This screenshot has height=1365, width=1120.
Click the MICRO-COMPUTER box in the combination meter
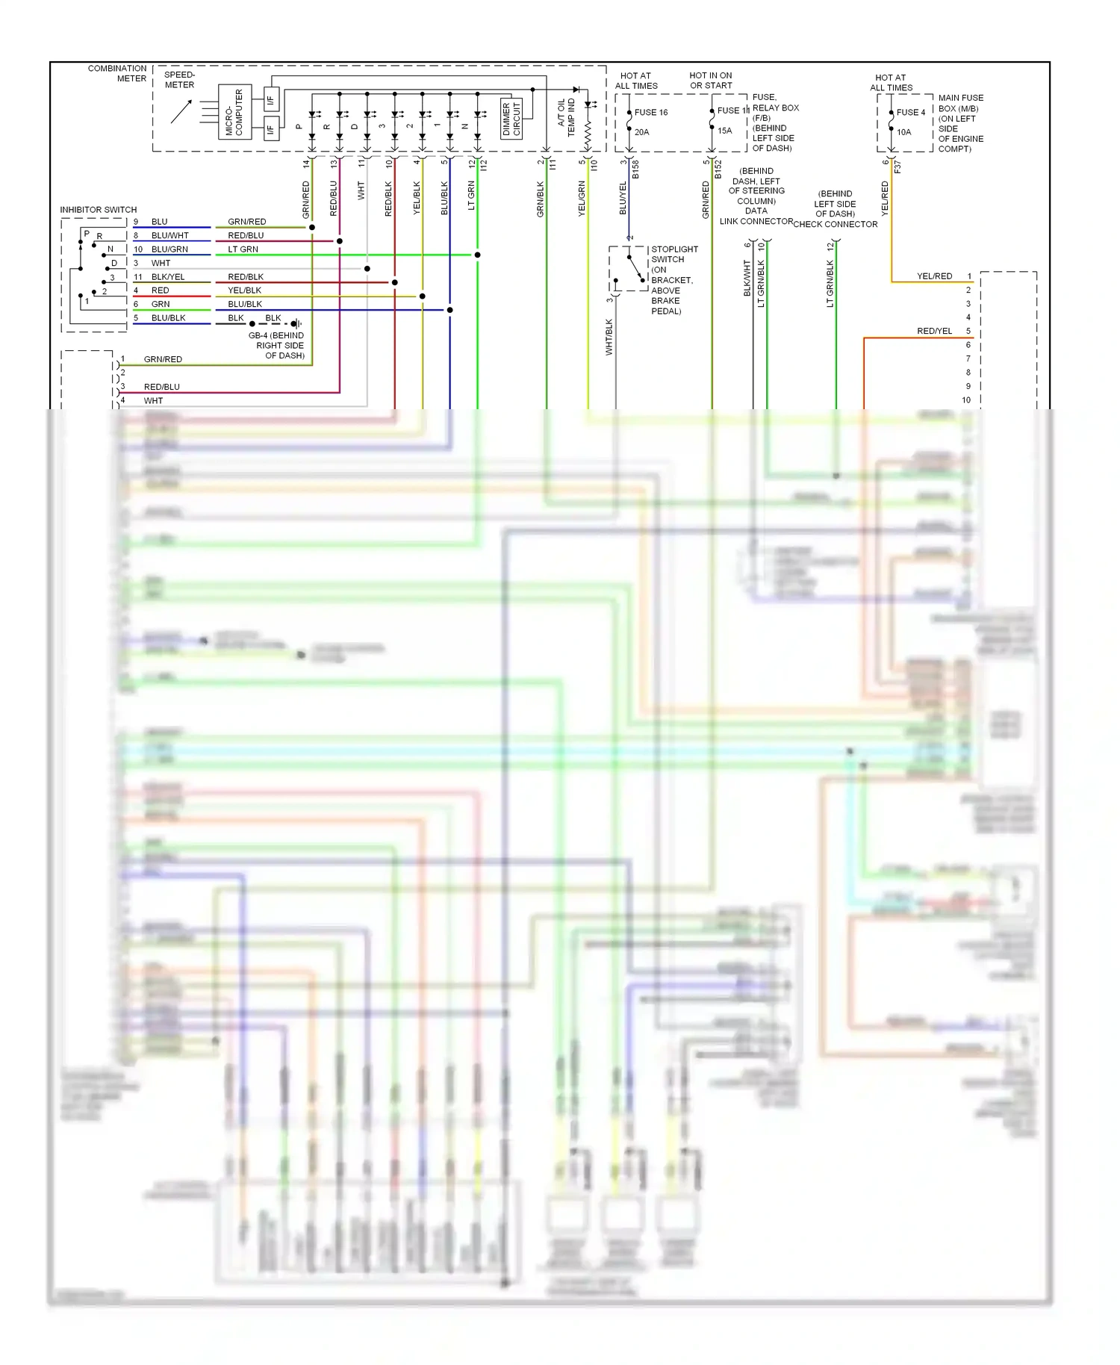click(x=234, y=112)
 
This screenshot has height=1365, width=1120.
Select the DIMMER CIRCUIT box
click(x=511, y=119)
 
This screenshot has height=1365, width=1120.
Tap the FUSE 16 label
click(x=651, y=113)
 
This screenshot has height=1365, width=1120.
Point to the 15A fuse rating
click(x=724, y=131)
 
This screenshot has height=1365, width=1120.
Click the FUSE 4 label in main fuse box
click(x=910, y=113)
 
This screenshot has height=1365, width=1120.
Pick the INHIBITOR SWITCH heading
click(x=99, y=210)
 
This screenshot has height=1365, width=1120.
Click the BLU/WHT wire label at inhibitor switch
click(x=169, y=236)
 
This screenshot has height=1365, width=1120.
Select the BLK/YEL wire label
click(x=167, y=277)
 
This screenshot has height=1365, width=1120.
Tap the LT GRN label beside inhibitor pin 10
click(x=243, y=249)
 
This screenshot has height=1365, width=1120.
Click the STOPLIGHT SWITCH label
click(x=674, y=255)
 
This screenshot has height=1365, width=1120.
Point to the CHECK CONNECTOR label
click(x=835, y=224)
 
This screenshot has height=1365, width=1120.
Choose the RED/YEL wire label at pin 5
click(x=934, y=332)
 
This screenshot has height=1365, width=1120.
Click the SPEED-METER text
click(x=179, y=80)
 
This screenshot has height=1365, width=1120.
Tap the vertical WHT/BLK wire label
click(x=609, y=337)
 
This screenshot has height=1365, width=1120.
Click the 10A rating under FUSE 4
click(x=903, y=132)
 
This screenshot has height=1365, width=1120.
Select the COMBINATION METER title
click(x=117, y=73)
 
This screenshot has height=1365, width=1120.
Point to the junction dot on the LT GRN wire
click(x=477, y=255)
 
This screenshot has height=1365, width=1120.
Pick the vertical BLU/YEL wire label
click(x=623, y=199)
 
